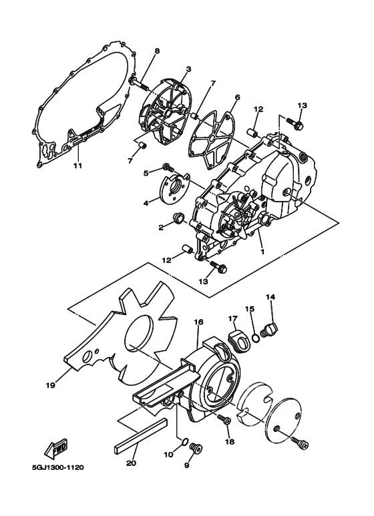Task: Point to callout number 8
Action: (x=157, y=51)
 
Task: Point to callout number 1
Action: (x=262, y=252)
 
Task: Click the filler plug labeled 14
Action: (x=271, y=329)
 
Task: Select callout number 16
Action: (x=198, y=322)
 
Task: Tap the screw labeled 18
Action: (x=225, y=421)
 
